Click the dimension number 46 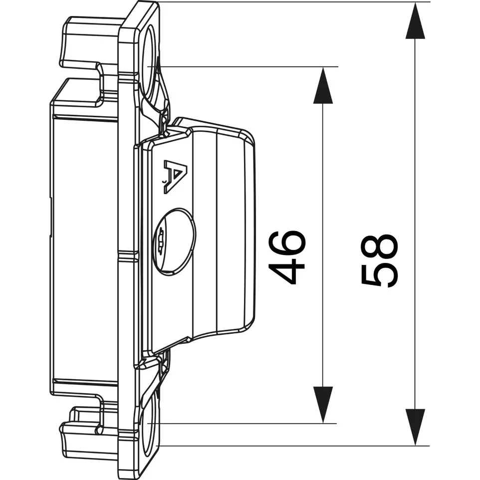coord(287,257)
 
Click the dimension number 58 coord(379,261)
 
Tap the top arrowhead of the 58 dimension coord(415,21)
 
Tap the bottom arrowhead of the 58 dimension coord(415,427)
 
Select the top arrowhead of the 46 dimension coord(323,86)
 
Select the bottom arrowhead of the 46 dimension coord(323,405)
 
